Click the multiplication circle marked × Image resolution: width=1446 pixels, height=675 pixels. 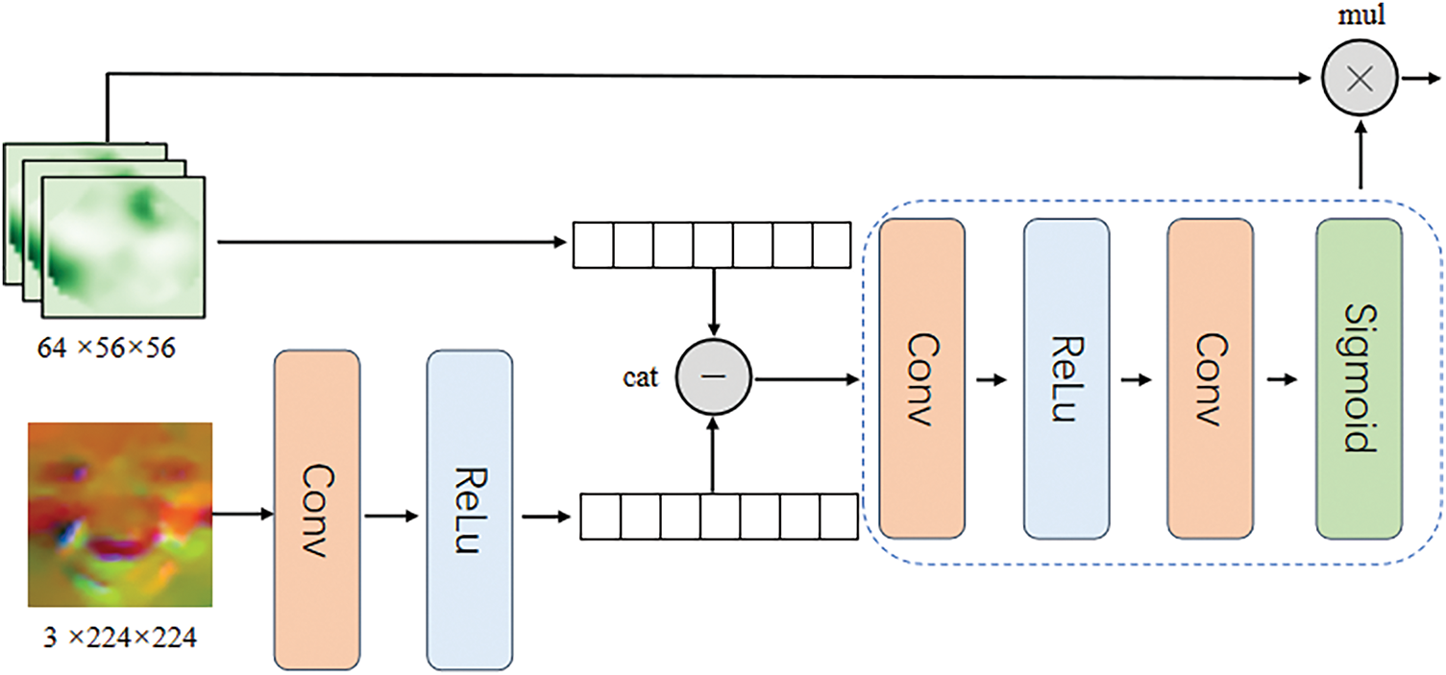pyautogui.click(x=1360, y=78)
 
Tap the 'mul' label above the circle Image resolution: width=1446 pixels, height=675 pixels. pyautogui.click(x=1361, y=15)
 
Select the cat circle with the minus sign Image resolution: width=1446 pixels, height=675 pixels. pyautogui.click(x=713, y=377)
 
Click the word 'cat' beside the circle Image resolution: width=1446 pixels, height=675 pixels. pyautogui.click(x=640, y=377)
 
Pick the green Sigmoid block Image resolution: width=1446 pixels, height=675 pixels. pyautogui.click(x=1359, y=379)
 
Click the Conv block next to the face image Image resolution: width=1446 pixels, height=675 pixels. pyautogui.click(x=317, y=510)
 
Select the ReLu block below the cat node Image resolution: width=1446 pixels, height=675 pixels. pyautogui.click(x=469, y=510)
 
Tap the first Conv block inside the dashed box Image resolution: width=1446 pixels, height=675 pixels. pyautogui.click(x=921, y=379)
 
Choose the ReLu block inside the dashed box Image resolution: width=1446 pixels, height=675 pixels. pyautogui.click(x=1066, y=379)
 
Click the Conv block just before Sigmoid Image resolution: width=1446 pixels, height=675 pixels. pyautogui.click(x=1210, y=379)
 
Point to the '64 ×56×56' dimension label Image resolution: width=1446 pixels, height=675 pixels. pyautogui.click(x=107, y=349)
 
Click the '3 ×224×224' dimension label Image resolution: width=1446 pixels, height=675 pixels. pyautogui.click(x=120, y=639)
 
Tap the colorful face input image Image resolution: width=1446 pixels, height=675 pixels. pyautogui.click(x=120, y=515)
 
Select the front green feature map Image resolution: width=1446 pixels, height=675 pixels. pyautogui.click(x=124, y=247)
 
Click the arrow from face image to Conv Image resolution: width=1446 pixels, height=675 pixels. pyautogui.click(x=243, y=515)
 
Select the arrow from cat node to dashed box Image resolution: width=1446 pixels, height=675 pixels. pyautogui.click(x=807, y=379)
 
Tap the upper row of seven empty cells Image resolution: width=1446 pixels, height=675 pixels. pyautogui.click(x=712, y=245)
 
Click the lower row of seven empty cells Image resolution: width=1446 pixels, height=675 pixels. pyautogui.click(x=719, y=517)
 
